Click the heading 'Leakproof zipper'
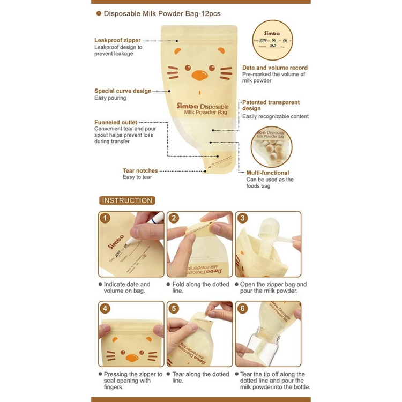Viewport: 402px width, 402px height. coord(118,40)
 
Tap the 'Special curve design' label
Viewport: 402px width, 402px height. coord(123,91)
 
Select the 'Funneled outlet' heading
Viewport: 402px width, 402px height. coord(116,122)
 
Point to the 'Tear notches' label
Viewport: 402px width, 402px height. coord(140,170)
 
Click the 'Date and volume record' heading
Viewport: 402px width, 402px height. coord(275,68)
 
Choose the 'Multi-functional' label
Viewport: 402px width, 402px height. coord(267,173)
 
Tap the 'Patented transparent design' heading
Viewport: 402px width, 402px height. coord(271,105)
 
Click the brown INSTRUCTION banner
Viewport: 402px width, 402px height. coord(127,200)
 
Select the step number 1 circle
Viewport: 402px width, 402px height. coord(106,218)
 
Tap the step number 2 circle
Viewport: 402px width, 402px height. coord(174,218)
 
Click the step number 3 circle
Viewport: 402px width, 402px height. coord(243,218)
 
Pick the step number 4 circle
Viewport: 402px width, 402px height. coord(106,308)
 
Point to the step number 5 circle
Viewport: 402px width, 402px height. coord(174,308)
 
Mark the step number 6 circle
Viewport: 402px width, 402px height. coord(243,308)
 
